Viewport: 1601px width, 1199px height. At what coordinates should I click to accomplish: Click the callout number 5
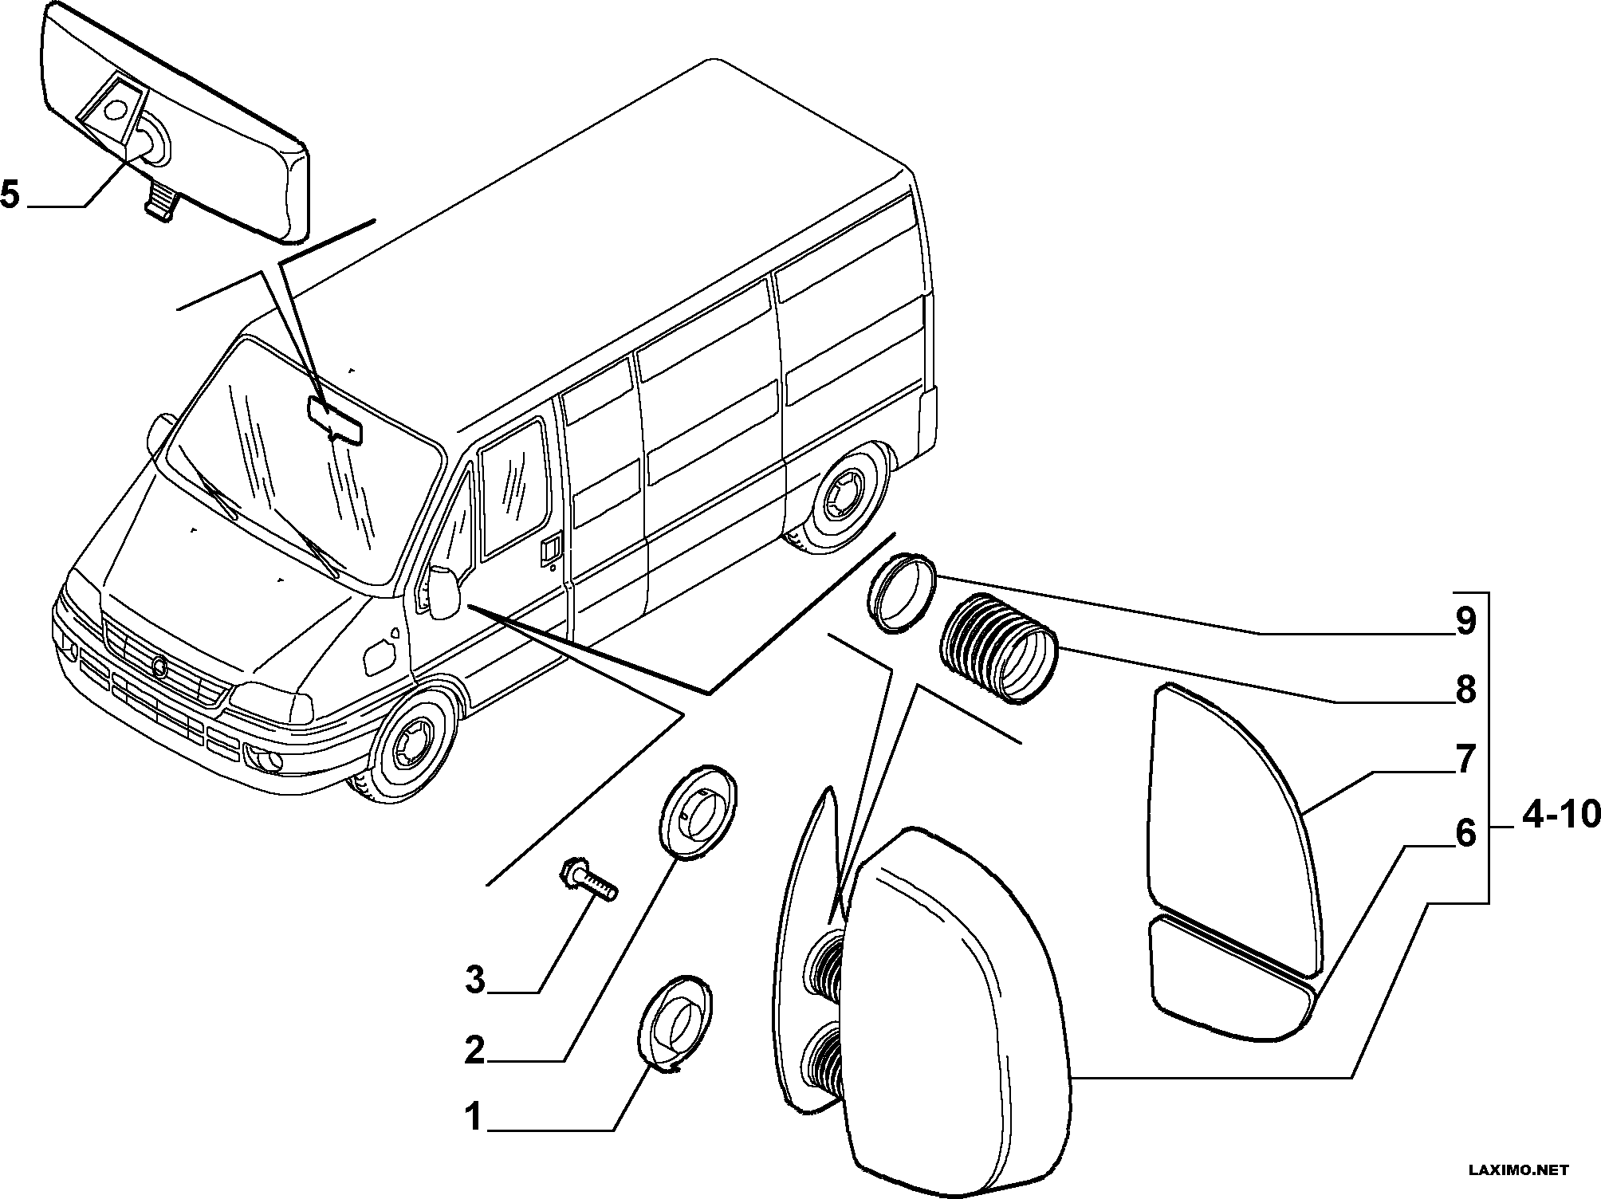pos(10,194)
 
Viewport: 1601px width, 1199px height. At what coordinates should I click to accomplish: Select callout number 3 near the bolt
pos(475,979)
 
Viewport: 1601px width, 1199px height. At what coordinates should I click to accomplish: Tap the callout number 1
pos(474,1117)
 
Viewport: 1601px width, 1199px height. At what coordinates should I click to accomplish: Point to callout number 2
pos(475,1052)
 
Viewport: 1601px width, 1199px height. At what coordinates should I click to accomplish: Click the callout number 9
pos(1465,622)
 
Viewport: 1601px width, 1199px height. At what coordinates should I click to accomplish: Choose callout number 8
pos(1465,690)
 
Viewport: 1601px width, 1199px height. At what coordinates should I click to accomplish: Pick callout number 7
pos(1465,759)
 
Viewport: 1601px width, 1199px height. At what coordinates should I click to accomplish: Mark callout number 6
pos(1465,833)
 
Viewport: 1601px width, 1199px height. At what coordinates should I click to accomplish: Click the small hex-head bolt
pos(590,879)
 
